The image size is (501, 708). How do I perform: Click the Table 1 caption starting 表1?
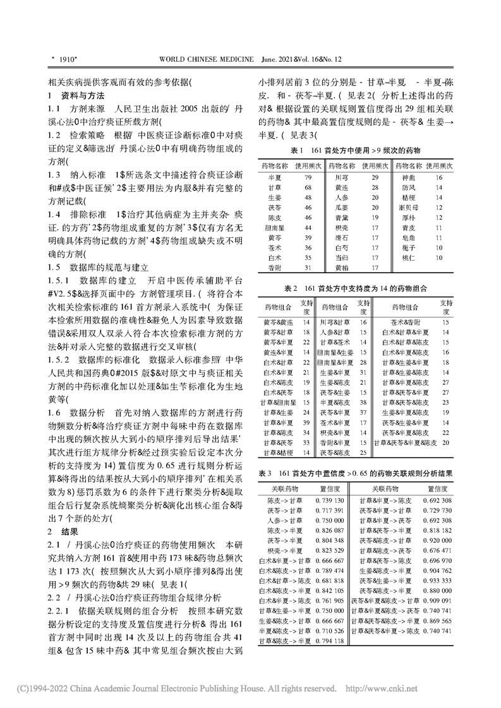355,151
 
